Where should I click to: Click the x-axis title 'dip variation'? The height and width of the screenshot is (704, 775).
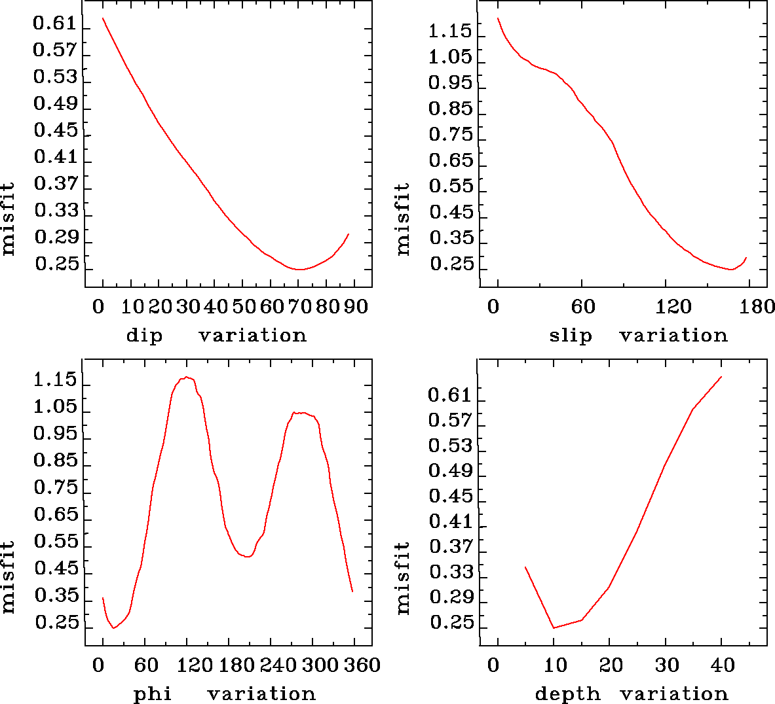click(216, 336)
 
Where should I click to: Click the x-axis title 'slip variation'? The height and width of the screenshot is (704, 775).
click(638, 336)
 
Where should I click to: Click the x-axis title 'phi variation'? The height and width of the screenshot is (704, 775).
click(225, 694)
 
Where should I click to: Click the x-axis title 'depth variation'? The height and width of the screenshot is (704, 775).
click(632, 694)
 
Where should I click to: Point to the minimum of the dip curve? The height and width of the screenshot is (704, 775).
click(299, 269)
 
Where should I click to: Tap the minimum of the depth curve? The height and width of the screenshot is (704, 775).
click(554, 628)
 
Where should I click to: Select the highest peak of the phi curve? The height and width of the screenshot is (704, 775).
click(187, 377)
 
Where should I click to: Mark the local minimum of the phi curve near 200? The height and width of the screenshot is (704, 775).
click(246, 556)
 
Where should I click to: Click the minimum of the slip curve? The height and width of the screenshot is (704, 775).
click(732, 269)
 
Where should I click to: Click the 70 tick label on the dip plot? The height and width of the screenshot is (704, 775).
click(299, 307)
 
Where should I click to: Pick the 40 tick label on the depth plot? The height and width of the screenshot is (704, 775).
click(723, 665)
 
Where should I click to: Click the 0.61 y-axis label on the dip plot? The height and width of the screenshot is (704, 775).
click(55, 25)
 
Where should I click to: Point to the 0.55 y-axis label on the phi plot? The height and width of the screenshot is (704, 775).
click(55, 542)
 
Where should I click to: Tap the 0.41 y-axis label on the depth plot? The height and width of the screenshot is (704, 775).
click(450, 522)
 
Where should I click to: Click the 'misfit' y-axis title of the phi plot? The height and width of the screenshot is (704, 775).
click(9, 576)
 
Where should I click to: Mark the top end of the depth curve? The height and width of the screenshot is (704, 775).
click(721, 377)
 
